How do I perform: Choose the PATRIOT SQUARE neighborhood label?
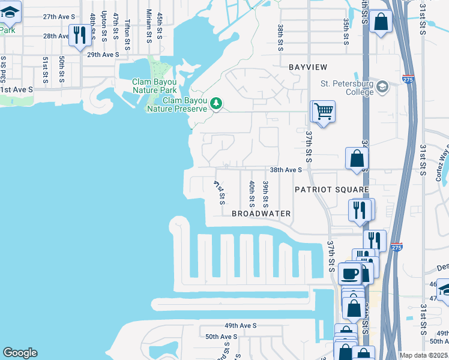331,190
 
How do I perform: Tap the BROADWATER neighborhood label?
261,214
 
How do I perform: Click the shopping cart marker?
323,112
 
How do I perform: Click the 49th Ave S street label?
240,325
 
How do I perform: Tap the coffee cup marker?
350,274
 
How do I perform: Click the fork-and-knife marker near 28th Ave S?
79,35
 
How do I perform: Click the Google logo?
20,353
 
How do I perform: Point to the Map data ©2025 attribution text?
423,355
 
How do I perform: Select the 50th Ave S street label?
222,337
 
